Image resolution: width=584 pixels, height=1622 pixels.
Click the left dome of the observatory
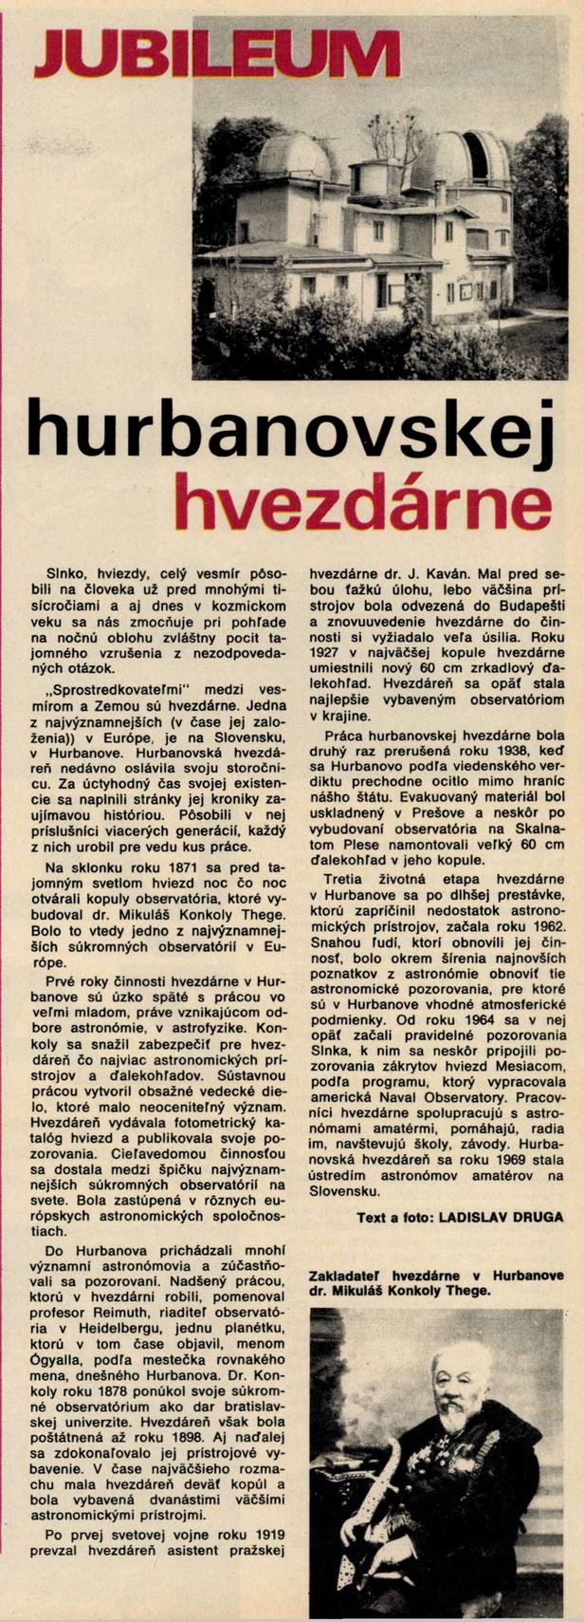[x=294, y=157]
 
